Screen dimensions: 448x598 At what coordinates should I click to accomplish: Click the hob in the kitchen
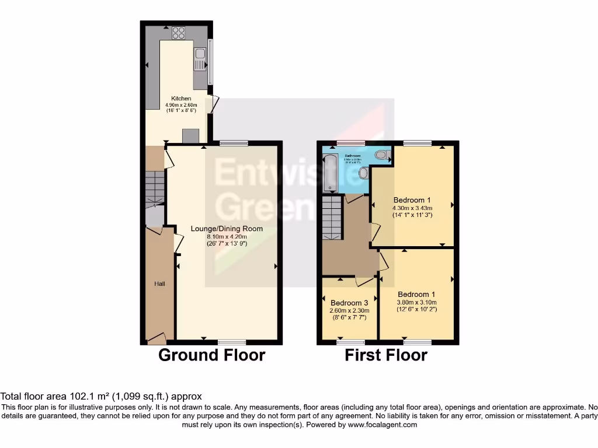(179, 33)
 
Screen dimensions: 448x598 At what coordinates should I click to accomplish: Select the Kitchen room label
(181, 99)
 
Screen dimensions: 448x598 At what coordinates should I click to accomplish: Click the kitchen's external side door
(214, 103)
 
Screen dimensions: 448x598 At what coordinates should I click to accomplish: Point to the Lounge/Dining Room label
(227, 229)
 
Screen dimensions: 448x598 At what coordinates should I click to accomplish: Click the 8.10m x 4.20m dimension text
(227, 236)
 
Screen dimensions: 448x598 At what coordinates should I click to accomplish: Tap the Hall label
(159, 283)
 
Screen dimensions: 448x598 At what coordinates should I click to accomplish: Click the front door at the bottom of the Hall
(157, 337)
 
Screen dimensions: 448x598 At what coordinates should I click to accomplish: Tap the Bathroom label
(352, 156)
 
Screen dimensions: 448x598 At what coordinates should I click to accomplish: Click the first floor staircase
(332, 218)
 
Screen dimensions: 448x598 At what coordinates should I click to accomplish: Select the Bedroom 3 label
(349, 303)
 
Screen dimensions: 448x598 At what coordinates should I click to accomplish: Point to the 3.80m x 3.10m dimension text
(416, 302)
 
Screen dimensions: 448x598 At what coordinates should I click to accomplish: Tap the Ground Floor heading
(211, 355)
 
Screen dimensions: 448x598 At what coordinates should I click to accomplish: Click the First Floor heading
(386, 355)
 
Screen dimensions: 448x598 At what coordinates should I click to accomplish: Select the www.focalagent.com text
(382, 425)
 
